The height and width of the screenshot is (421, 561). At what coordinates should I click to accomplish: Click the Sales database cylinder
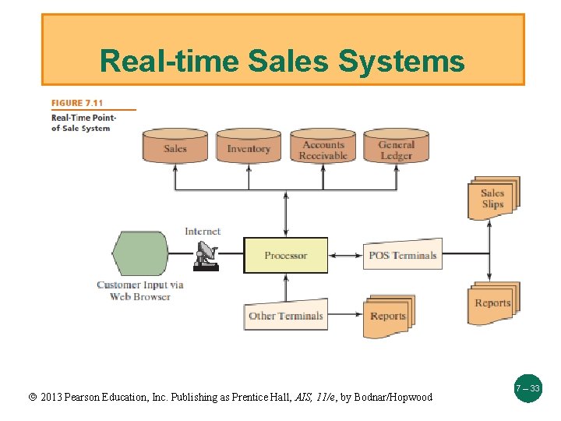[175, 147]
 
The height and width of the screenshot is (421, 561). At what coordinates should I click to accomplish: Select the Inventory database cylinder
[249, 147]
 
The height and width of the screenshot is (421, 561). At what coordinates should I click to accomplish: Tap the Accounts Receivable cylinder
[323, 147]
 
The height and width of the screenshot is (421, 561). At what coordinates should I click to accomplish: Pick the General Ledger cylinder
[396, 147]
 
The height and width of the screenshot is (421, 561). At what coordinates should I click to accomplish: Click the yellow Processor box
[285, 255]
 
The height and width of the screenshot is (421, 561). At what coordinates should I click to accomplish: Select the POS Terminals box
[402, 255]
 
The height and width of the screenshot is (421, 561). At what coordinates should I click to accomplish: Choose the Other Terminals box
[285, 315]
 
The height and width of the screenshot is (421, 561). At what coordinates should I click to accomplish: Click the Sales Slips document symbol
[492, 198]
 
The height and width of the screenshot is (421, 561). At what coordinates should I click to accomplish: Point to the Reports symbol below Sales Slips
[492, 302]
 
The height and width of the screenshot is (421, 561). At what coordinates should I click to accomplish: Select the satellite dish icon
[207, 256]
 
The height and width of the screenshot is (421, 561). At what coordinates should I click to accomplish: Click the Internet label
[203, 231]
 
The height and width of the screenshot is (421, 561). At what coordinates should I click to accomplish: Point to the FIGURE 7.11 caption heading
[77, 103]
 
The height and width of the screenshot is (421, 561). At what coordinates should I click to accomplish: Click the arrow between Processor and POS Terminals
[345, 255]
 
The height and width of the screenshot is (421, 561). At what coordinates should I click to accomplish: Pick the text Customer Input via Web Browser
[140, 290]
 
